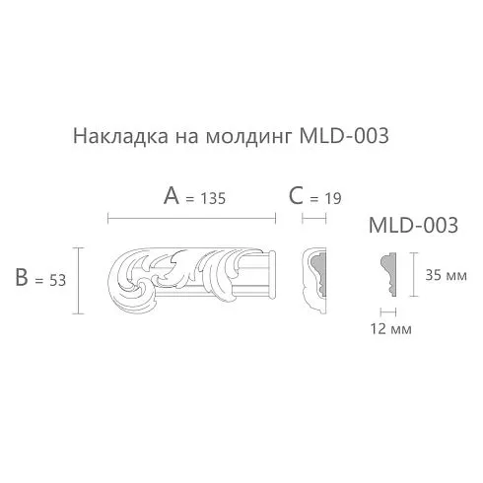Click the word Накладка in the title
pos(120,136)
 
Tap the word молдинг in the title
pos(248,137)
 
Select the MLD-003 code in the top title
pos(344,136)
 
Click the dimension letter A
pos(172,195)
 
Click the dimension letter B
pos(22,277)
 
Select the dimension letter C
pos(296,195)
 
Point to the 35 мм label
pos(446,275)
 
